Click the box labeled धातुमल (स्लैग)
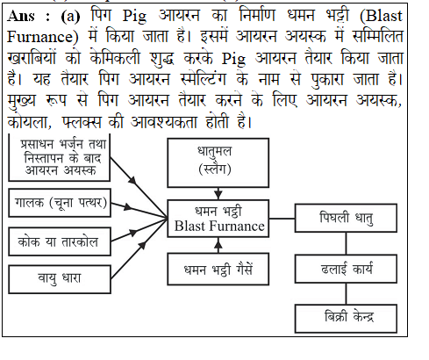tap(218, 162)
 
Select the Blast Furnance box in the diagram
tap(218, 219)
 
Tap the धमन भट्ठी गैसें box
tap(218, 269)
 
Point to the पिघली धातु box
tap(346, 219)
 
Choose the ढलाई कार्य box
tap(346, 269)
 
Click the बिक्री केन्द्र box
tap(346, 319)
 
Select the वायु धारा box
tap(60, 279)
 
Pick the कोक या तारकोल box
tap(60, 241)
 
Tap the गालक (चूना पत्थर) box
tap(60, 203)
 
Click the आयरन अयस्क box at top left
tap(60, 158)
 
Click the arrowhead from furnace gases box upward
tap(218, 242)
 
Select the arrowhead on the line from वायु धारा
tap(142, 245)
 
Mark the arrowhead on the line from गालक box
tap(127, 207)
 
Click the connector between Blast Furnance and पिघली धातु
tap(282, 219)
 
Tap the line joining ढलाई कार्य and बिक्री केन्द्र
tap(347, 294)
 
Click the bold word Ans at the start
tap(21, 16)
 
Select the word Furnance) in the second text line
tap(43, 37)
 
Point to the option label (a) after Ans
tap(70, 17)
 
